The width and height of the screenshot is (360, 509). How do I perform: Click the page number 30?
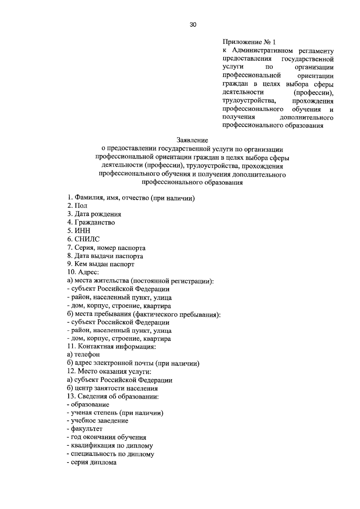[193, 25]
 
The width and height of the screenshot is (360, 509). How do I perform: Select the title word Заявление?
[192, 140]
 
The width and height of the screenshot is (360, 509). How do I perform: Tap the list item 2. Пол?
[77, 206]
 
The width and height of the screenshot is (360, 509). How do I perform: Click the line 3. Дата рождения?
[94, 214]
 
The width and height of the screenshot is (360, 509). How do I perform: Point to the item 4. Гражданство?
[91, 223]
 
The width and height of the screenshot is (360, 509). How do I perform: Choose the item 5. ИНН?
[79, 231]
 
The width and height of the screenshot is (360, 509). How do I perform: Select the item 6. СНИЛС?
[83, 239]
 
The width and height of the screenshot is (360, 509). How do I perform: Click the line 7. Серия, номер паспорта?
[106, 248]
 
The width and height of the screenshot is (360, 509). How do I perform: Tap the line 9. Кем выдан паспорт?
[101, 264]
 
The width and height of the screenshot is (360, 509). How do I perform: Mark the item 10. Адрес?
[83, 273]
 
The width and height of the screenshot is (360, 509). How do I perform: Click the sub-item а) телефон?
[83, 355]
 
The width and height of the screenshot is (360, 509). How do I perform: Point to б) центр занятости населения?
[112, 388]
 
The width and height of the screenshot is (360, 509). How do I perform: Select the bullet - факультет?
[85, 429]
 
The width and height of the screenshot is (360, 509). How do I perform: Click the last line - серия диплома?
[92, 462]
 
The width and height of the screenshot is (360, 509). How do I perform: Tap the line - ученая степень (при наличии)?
[115, 413]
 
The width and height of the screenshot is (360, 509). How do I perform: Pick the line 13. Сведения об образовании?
[113, 396]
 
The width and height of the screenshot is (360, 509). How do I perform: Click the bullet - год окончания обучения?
[106, 438]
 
